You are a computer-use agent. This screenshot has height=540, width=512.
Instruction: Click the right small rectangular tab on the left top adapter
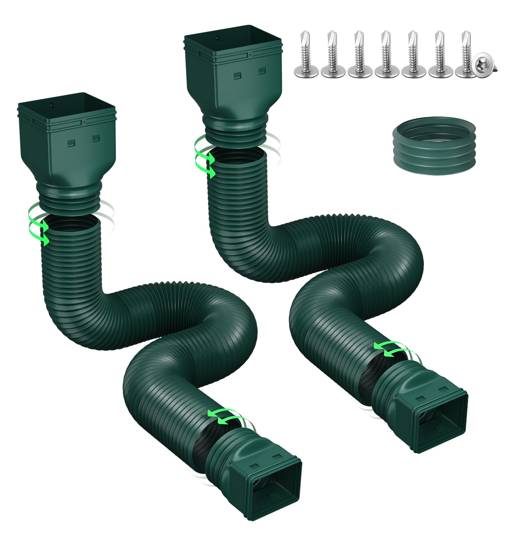[x=96, y=139]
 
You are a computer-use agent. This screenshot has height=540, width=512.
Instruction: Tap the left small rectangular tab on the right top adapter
[x=237, y=76]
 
